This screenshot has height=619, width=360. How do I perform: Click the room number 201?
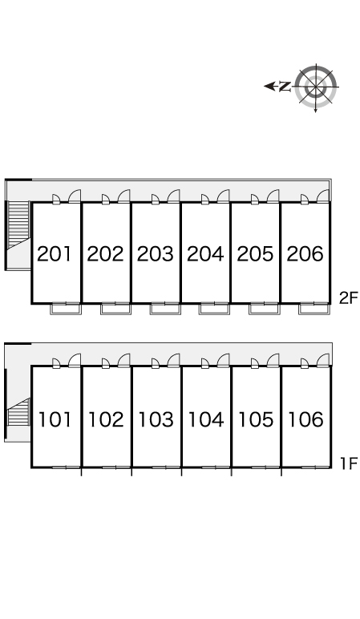[55, 254]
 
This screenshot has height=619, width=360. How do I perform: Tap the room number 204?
[205, 254]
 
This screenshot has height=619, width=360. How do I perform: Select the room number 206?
[305, 254]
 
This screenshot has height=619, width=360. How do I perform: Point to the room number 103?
[156, 419]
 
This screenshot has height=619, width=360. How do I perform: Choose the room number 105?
[256, 419]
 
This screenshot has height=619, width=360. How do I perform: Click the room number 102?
[105, 419]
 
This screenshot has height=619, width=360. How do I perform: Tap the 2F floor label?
[348, 298]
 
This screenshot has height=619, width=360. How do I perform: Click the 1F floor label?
[349, 463]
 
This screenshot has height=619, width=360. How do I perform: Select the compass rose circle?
[316, 87]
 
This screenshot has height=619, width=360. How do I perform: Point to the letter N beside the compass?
[285, 86]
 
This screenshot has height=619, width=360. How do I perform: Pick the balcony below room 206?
[313, 309]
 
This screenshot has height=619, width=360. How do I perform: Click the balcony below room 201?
[66, 309]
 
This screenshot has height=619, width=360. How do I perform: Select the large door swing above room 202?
[123, 196]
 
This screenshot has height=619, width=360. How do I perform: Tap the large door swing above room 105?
[273, 361]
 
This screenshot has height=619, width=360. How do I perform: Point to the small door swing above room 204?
[205, 200]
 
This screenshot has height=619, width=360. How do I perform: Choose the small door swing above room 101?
[56, 363]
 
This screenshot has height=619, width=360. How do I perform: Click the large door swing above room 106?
[322, 361]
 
